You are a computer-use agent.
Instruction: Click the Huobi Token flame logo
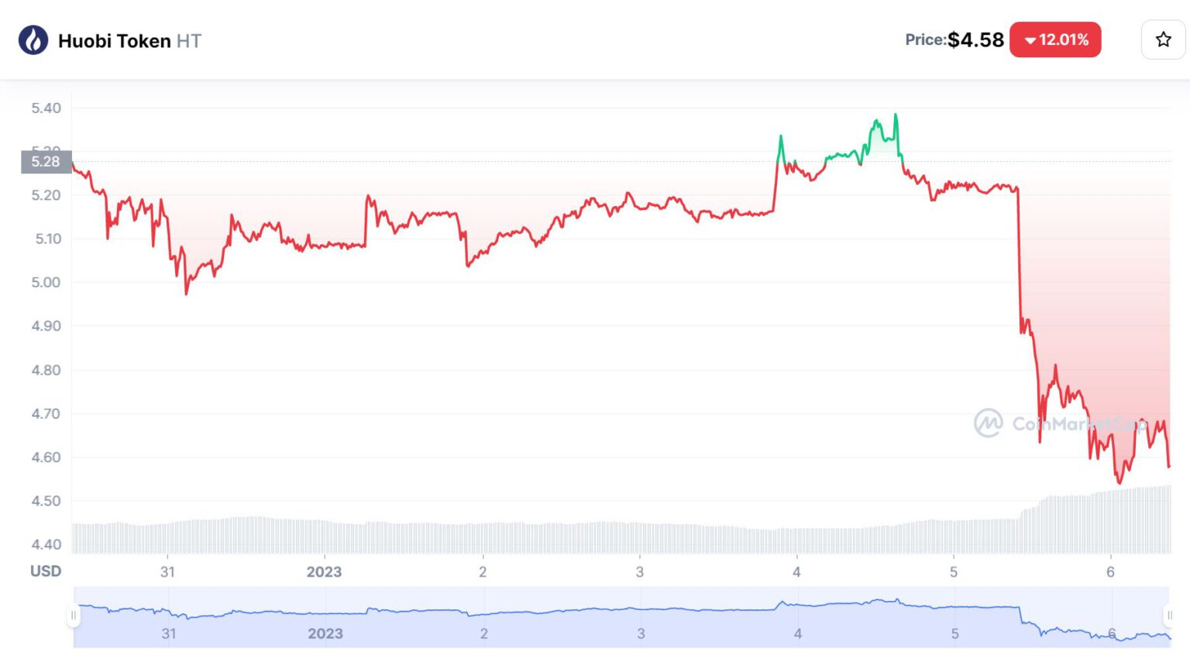(x=33, y=40)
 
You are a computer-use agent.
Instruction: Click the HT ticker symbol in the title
(x=188, y=41)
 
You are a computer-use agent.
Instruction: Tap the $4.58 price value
(x=975, y=39)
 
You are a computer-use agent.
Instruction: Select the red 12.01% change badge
(x=1055, y=39)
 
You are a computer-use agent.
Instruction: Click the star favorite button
(x=1163, y=39)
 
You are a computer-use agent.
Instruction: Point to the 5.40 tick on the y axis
(x=46, y=108)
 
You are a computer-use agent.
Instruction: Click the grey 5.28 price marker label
(x=46, y=162)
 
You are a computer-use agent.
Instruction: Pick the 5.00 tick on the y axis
(x=46, y=283)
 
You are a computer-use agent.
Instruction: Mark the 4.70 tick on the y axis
(x=46, y=414)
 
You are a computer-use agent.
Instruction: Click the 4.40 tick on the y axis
(x=46, y=544)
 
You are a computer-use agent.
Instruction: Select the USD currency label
(x=46, y=571)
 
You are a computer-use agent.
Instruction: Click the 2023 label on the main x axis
(x=324, y=572)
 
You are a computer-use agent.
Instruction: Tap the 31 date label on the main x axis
(x=167, y=572)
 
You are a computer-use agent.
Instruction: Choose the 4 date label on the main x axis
(x=796, y=572)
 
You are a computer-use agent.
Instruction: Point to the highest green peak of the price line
(x=896, y=115)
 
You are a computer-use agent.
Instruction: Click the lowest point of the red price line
(x=1119, y=482)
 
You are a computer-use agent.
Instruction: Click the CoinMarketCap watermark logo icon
(x=989, y=423)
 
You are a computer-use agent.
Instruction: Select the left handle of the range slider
(x=74, y=616)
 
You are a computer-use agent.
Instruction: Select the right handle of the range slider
(x=1169, y=616)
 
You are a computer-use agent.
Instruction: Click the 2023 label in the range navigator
(x=325, y=633)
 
